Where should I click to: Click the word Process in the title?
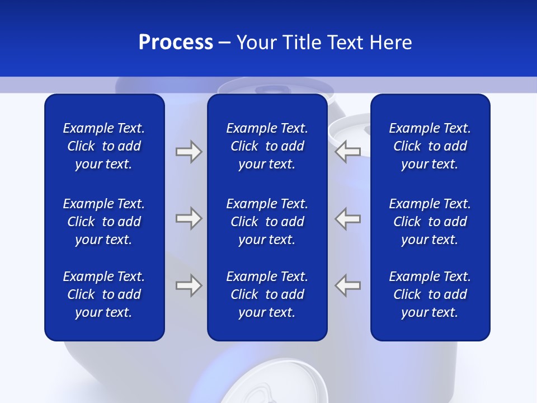click(x=176, y=43)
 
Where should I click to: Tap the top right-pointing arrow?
click(x=189, y=152)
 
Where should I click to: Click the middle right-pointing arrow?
click(x=189, y=218)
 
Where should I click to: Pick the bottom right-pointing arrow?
click(x=189, y=285)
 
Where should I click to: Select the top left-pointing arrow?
click(x=347, y=151)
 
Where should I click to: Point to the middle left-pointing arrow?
click(x=347, y=218)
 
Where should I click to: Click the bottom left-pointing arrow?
click(x=347, y=285)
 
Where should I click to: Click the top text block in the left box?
click(x=104, y=146)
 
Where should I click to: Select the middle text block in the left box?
click(x=104, y=222)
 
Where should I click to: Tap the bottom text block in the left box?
click(x=104, y=294)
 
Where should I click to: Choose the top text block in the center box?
click(x=267, y=146)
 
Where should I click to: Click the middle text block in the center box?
click(x=267, y=222)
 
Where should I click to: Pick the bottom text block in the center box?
click(x=267, y=294)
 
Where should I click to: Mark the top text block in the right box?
click(x=430, y=146)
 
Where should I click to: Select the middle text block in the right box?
click(x=430, y=222)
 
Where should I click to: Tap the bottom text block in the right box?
click(x=430, y=294)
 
